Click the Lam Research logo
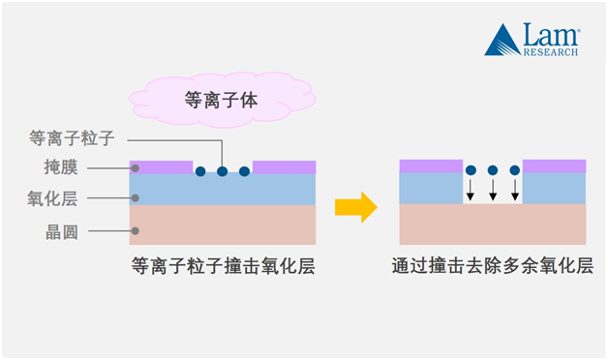[x=532, y=40]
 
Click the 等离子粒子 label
[x=73, y=139]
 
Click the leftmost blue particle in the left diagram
[x=200, y=171]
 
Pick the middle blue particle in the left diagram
[x=222, y=171]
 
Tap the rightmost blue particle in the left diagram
[x=244, y=171]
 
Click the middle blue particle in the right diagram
[x=492, y=170]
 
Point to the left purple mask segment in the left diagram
[x=162, y=166]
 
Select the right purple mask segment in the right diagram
[x=554, y=165]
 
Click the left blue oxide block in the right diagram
[x=431, y=188]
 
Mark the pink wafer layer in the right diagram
[x=492, y=225]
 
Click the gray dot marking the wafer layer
[x=135, y=230]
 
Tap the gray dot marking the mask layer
[x=135, y=168]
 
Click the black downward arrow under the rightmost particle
[x=514, y=189]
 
